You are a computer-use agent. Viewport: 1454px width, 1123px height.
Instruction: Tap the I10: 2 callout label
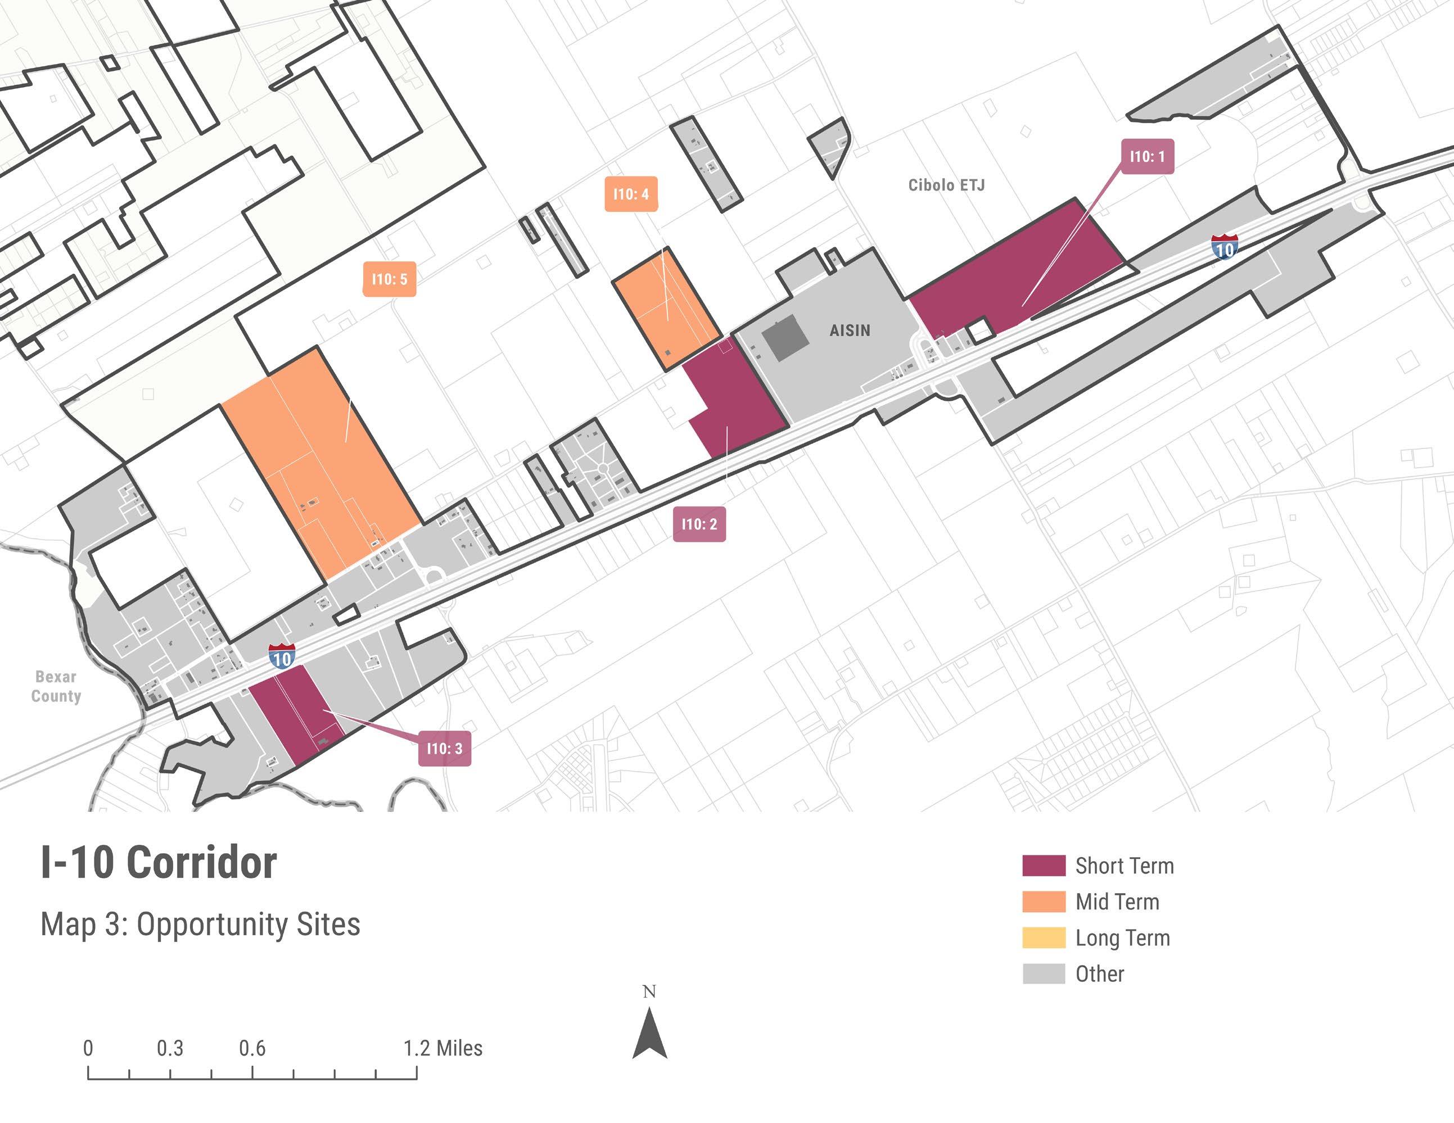point(699,524)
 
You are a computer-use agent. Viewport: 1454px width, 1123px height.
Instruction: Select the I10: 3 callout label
point(444,748)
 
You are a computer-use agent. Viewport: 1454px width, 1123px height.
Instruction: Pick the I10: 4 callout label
point(630,194)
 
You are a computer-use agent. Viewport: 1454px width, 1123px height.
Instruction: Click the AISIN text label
point(850,330)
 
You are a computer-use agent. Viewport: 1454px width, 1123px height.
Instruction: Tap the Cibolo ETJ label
point(946,185)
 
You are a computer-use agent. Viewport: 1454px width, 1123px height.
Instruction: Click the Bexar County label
point(56,686)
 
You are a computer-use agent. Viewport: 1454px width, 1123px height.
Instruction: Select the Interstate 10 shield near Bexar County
point(282,657)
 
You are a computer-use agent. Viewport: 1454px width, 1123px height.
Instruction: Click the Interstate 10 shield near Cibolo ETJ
point(1224,247)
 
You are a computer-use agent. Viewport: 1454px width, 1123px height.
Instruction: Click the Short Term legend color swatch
point(1043,866)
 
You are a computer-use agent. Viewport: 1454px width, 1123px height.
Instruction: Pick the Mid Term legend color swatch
point(1043,902)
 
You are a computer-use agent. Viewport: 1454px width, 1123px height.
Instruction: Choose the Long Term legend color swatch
point(1043,938)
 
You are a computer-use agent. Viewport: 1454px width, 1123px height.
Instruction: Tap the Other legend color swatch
point(1043,973)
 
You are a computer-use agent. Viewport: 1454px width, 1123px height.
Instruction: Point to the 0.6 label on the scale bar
point(252,1048)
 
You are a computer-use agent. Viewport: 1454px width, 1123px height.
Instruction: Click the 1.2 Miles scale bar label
point(442,1048)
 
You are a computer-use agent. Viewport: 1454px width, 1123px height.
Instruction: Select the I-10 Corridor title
point(159,863)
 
